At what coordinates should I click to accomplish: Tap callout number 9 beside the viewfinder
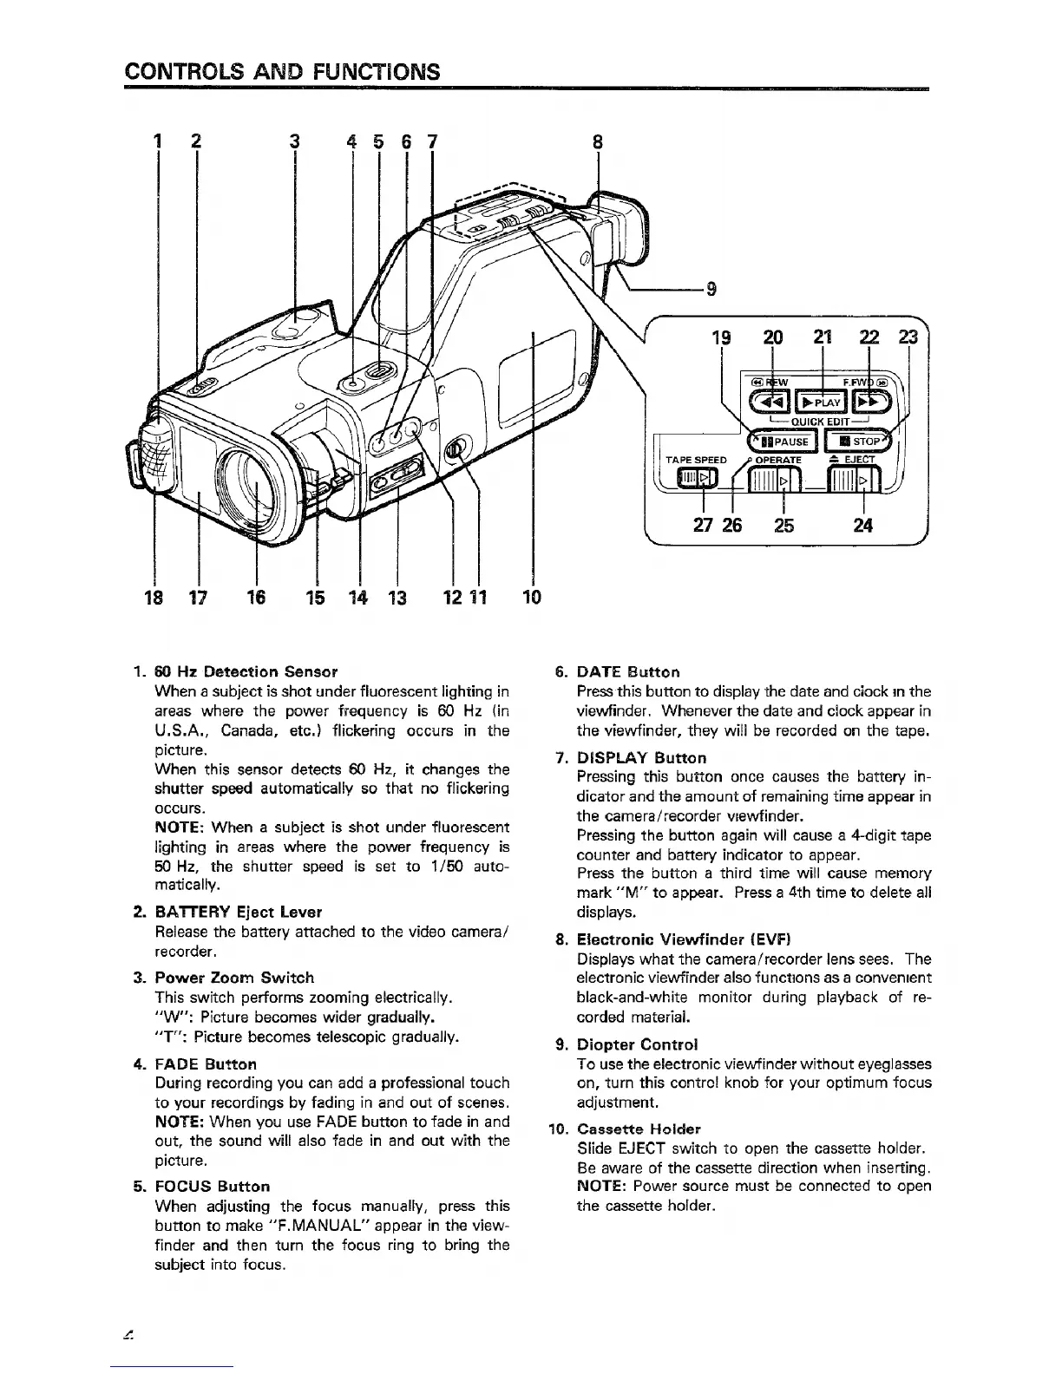click(x=711, y=291)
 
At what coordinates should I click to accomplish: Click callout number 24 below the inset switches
click(x=862, y=525)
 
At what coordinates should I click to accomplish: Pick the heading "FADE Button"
click(x=206, y=1063)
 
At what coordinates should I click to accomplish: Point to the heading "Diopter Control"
click(x=638, y=1044)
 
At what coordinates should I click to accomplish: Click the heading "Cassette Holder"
click(x=639, y=1129)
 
